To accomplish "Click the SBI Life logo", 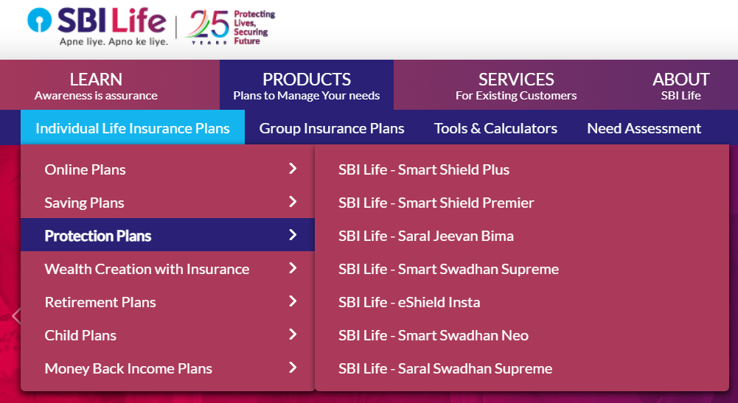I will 97,27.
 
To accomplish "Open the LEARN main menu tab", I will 96,85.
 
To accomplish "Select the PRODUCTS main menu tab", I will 307,85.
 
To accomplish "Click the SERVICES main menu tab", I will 516,85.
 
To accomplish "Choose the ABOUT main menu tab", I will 680,85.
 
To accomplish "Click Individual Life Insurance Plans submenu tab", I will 133,128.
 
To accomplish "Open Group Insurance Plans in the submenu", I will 332,128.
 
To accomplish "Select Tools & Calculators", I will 495,128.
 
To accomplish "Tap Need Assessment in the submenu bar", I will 644,128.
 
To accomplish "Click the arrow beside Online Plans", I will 293,169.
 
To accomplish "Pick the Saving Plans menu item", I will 85,203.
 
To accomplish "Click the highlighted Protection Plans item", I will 98,236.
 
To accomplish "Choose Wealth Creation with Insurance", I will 147,269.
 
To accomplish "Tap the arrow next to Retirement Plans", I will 293,301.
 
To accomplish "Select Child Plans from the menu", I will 80,335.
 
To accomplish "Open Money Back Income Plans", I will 128,368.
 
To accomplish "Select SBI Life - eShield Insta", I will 409,302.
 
